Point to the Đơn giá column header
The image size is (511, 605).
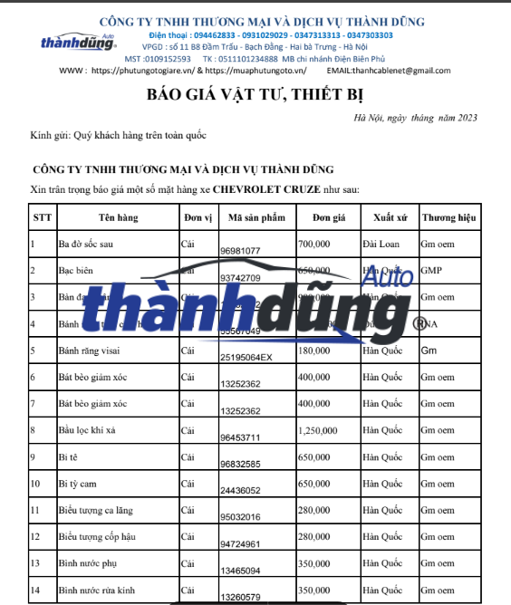click(x=329, y=217)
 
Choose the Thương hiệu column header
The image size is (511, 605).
click(x=448, y=217)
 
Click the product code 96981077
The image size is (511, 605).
click(x=240, y=250)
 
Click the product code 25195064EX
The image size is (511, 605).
click(x=246, y=357)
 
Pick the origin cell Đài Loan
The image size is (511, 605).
click(x=381, y=245)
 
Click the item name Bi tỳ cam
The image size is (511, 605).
click(x=80, y=485)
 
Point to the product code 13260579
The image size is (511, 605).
click(x=240, y=597)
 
